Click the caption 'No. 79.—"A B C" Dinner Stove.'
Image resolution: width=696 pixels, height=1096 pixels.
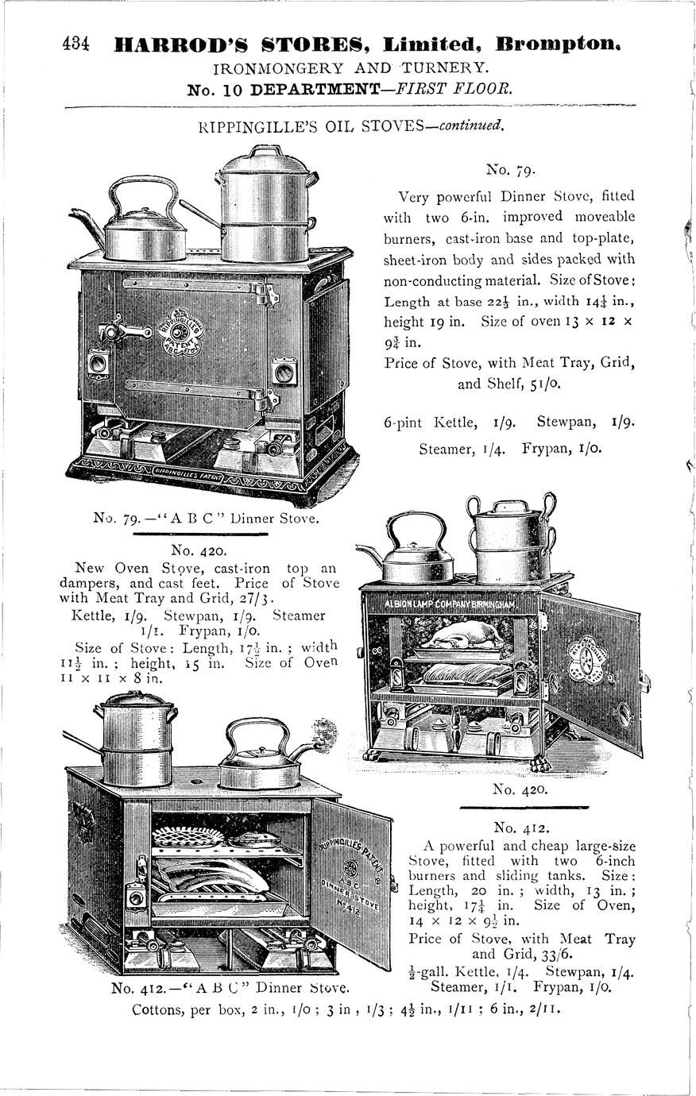pyautogui.click(x=205, y=519)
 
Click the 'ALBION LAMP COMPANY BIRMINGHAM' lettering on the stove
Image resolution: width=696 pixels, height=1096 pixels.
pyautogui.click(x=450, y=605)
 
